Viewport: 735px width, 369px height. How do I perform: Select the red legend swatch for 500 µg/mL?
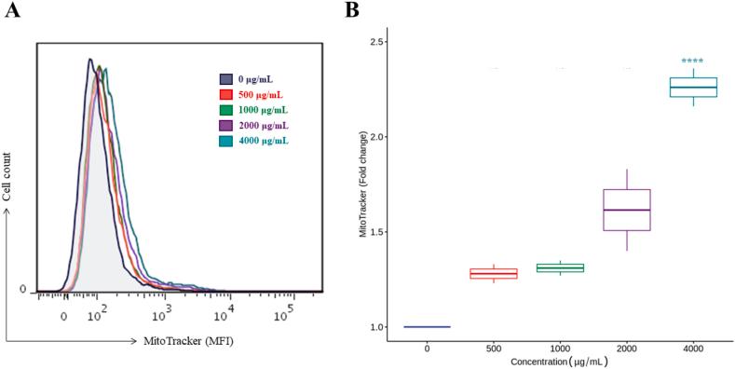(225, 95)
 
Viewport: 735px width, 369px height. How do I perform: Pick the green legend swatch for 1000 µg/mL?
(225, 110)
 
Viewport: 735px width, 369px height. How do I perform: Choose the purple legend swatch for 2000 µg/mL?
(225, 125)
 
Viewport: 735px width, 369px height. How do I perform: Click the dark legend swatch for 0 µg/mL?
(225, 80)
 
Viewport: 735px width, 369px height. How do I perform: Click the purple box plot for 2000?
(626, 210)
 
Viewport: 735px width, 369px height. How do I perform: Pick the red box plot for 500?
(493, 273)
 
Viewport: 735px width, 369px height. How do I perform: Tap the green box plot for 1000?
(560, 268)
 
